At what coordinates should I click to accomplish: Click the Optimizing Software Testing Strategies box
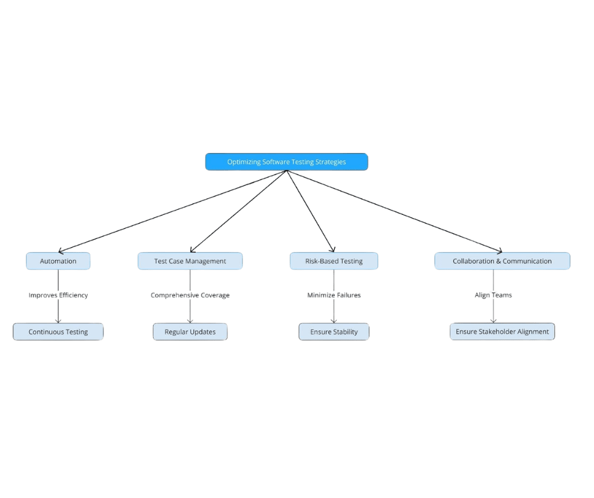click(x=286, y=162)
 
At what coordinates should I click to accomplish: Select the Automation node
click(x=58, y=261)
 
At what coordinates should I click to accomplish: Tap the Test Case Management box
click(x=190, y=261)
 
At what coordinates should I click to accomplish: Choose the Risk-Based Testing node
click(x=334, y=261)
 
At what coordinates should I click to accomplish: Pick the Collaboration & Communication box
click(x=502, y=261)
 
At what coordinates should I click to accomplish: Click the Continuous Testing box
click(x=58, y=332)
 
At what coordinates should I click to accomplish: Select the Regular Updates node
click(x=190, y=332)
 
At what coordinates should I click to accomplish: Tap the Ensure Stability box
click(x=334, y=332)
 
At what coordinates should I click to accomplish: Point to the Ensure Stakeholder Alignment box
click(x=502, y=331)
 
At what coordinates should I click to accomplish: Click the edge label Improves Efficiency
click(x=58, y=295)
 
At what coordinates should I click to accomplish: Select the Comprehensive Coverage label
click(x=190, y=295)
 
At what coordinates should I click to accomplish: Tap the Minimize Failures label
click(x=334, y=295)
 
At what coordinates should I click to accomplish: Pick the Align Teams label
click(x=494, y=295)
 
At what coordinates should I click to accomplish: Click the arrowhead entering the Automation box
click(x=61, y=251)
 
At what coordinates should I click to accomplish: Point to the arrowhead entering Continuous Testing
click(x=58, y=320)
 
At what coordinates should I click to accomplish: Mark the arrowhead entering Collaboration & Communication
click(x=499, y=251)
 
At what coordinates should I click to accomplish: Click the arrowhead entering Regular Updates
click(x=190, y=320)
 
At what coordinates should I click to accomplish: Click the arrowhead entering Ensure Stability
click(x=334, y=320)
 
